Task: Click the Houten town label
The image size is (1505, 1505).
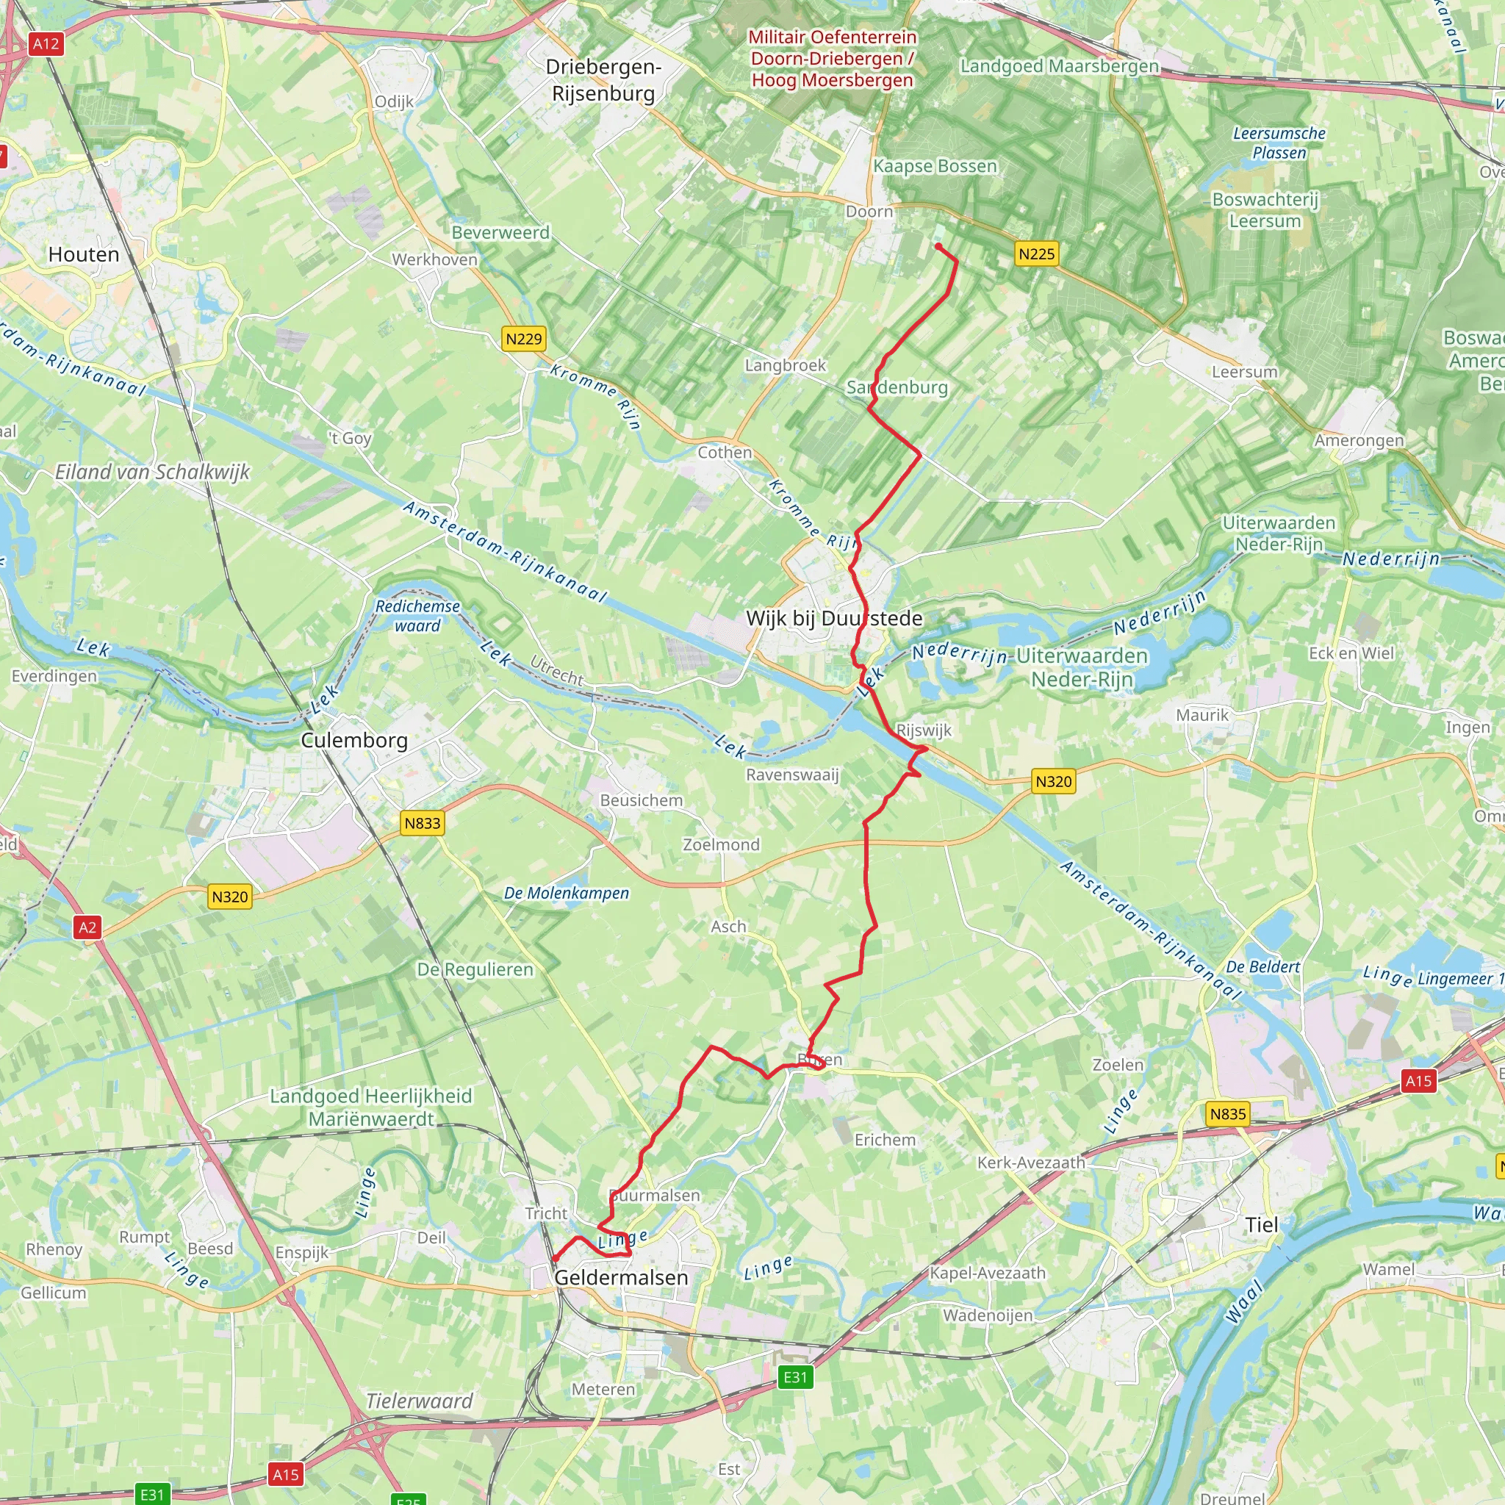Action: [83, 255]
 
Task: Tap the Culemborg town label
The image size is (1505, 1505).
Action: [354, 740]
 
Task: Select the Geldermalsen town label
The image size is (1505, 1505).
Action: [621, 1277]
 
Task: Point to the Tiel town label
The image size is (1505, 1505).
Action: [1261, 1224]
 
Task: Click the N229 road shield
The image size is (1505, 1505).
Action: [523, 339]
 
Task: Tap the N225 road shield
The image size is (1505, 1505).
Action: [1036, 254]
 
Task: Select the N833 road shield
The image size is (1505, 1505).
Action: [423, 823]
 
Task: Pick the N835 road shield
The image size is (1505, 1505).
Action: [1228, 1114]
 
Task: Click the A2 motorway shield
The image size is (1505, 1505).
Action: [87, 927]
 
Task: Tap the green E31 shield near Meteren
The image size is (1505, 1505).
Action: [795, 1377]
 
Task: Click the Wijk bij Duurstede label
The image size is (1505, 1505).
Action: [833, 619]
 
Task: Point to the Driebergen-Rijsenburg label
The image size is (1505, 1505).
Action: [603, 80]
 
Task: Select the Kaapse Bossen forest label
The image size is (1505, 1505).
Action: [935, 166]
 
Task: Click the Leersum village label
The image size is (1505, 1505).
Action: [1244, 373]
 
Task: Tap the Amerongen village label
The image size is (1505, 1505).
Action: [1359, 441]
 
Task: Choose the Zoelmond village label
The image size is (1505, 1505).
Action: [721, 844]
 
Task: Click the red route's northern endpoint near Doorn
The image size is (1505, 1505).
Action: [938, 246]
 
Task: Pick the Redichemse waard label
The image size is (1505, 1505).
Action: [417, 615]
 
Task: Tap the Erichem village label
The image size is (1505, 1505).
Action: [885, 1140]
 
